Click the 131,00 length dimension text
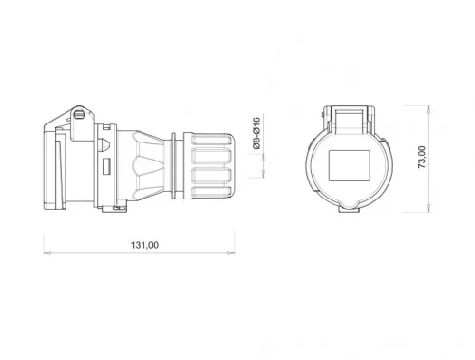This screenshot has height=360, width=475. [x=143, y=245]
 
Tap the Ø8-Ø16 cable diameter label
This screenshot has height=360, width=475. [x=255, y=137]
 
